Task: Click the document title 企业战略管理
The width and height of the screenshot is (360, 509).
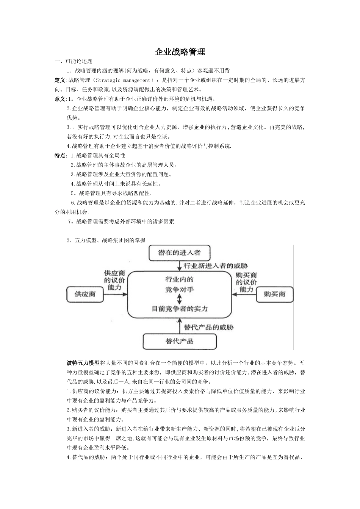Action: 180,52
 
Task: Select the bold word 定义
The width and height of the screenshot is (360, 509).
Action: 60,80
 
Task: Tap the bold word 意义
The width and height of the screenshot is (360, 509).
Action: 60,99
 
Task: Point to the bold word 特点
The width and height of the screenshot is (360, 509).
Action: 60,155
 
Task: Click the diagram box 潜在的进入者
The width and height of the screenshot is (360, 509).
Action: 179,253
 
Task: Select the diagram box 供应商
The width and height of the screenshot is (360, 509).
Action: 85,294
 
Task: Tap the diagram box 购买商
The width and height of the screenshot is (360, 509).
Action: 275,294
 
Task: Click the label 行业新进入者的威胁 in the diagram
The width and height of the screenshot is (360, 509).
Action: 215,266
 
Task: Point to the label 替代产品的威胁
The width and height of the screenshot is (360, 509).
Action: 208,327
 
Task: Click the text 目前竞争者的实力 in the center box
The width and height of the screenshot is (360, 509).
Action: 180,309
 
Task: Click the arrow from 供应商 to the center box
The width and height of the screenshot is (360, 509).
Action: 115,294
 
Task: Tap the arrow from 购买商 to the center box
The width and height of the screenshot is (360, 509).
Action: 244,294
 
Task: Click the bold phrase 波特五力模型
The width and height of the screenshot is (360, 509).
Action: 83,362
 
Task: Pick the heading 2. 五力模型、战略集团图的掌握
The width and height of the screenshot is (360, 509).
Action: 106,240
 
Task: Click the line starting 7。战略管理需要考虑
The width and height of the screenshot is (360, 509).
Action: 122,222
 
